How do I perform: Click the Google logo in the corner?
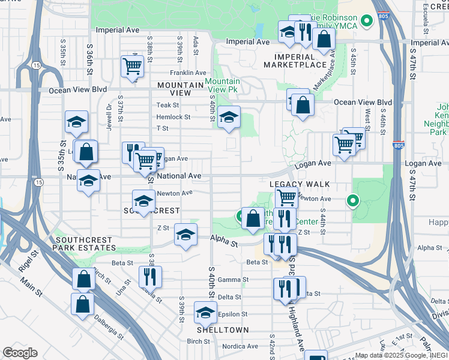(x=20, y=353)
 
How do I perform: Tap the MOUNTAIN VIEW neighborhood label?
(x=181, y=89)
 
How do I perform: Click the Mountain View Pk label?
(x=222, y=85)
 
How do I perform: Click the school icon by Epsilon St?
(x=205, y=313)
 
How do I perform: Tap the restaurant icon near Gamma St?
(x=149, y=277)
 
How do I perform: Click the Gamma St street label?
(x=234, y=280)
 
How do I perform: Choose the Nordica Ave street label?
(x=240, y=346)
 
